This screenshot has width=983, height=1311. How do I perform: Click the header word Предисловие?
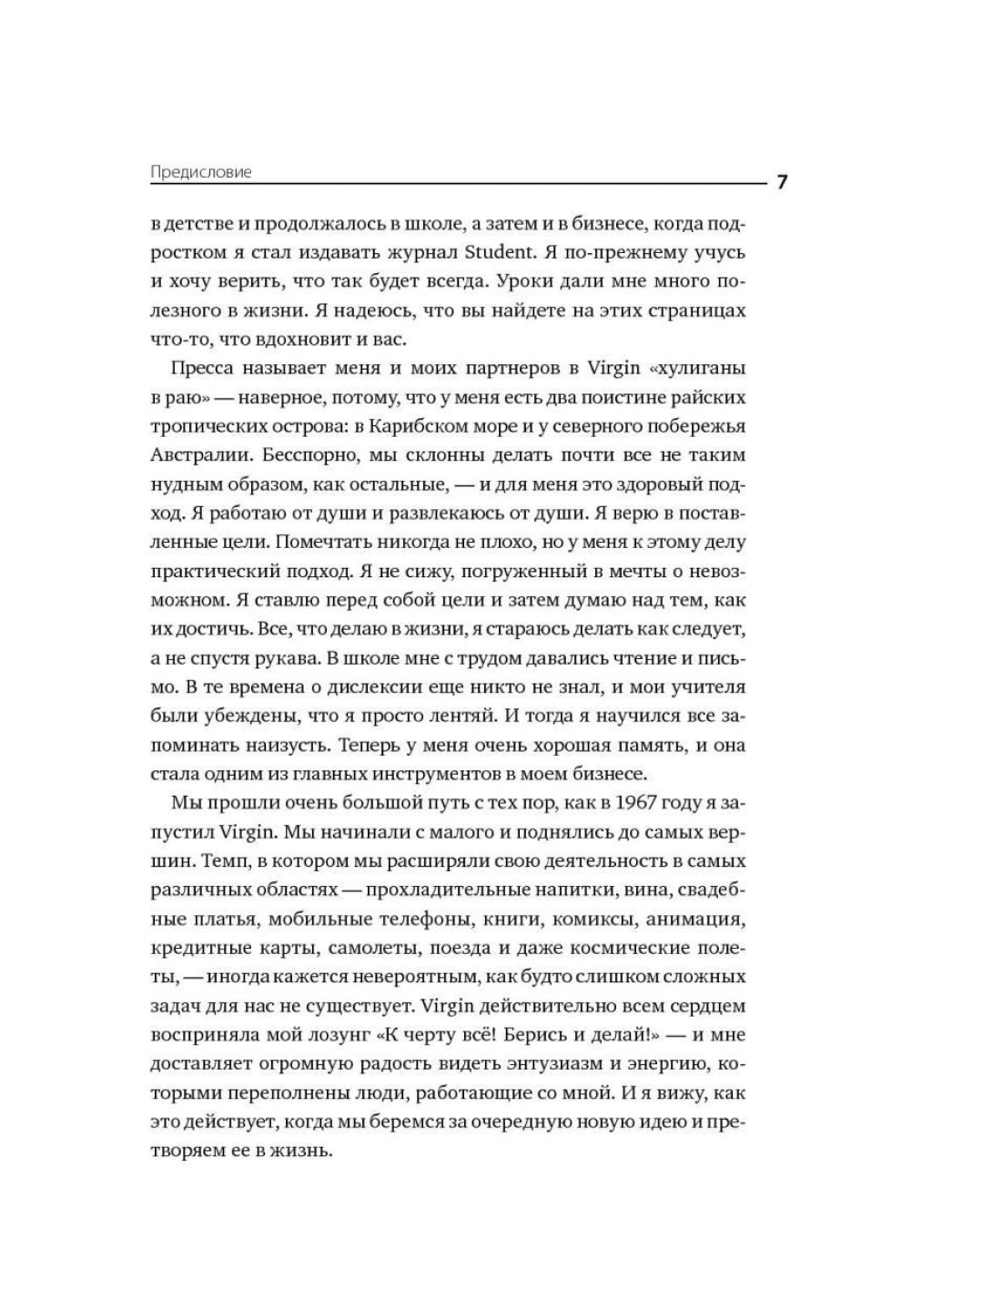point(200,172)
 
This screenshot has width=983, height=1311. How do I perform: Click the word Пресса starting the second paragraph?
point(202,368)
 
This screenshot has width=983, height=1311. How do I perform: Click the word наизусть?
point(280,745)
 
